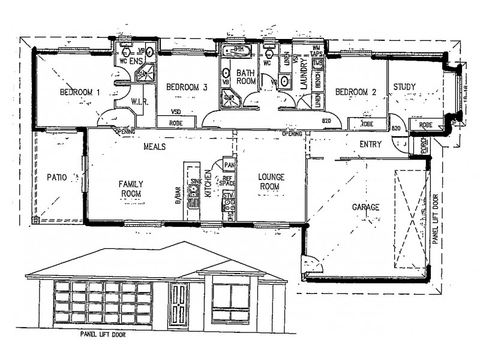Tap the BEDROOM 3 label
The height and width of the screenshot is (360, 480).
[187, 88]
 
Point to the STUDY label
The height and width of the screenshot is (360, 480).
[404, 88]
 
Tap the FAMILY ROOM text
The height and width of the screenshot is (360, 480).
[130, 189]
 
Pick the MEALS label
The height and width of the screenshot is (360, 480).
[154, 146]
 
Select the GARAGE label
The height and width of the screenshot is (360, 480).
[365, 207]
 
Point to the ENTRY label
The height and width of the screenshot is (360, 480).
[371, 145]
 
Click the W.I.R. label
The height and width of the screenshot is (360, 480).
[139, 103]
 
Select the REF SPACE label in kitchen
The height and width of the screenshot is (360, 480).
[227, 181]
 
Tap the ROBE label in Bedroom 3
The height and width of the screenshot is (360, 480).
[176, 122]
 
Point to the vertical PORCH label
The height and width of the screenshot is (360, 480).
[424, 146]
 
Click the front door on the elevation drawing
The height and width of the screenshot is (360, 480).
[178, 305]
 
